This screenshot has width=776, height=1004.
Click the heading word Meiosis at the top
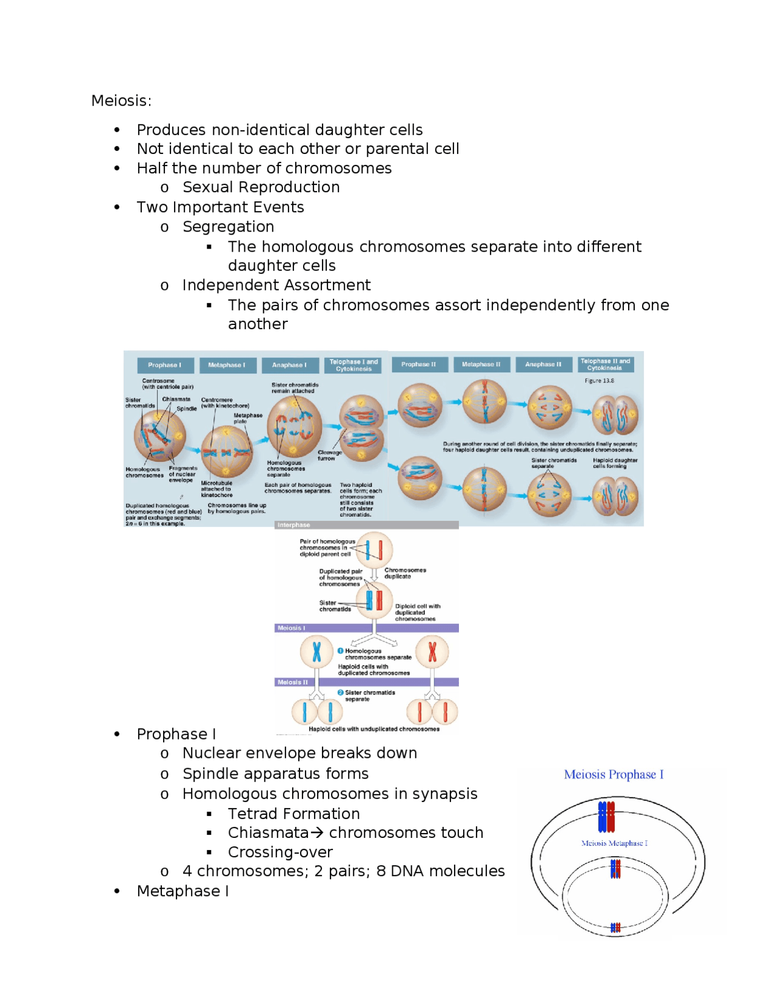click(121, 101)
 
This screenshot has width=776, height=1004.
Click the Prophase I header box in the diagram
click(164, 365)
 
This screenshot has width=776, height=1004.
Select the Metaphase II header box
click(481, 364)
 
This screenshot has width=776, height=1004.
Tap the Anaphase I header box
click(289, 365)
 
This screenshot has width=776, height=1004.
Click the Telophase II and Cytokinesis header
click(604, 364)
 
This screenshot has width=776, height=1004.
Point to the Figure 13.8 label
click(599, 381)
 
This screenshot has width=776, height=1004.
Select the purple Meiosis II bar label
click(293, 682)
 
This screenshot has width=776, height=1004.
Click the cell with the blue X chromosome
click(316, 652)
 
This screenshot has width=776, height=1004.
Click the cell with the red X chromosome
click(432, 652)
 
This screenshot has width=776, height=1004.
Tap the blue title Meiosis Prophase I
click(614, 774)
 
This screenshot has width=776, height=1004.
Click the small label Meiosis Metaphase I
click(614, 843)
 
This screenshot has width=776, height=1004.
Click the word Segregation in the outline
click(228, 227)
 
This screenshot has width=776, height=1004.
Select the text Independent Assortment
click(276, 285)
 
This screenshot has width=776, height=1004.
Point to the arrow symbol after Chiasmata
click(316, 833)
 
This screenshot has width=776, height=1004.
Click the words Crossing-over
click(280, 852)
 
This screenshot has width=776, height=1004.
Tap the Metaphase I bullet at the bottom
click(182, 891)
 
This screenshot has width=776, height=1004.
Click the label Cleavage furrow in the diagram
click(329, 455)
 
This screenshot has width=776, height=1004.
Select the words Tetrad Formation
click(293, 814)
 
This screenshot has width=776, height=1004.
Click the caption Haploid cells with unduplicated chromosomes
click(373, 729)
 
